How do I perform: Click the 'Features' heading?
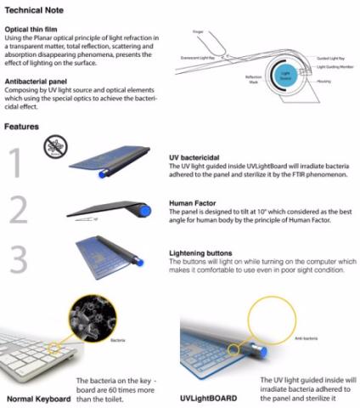point(23,127)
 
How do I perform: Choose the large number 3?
point(19,260)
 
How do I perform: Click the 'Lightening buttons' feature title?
point(201,252)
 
